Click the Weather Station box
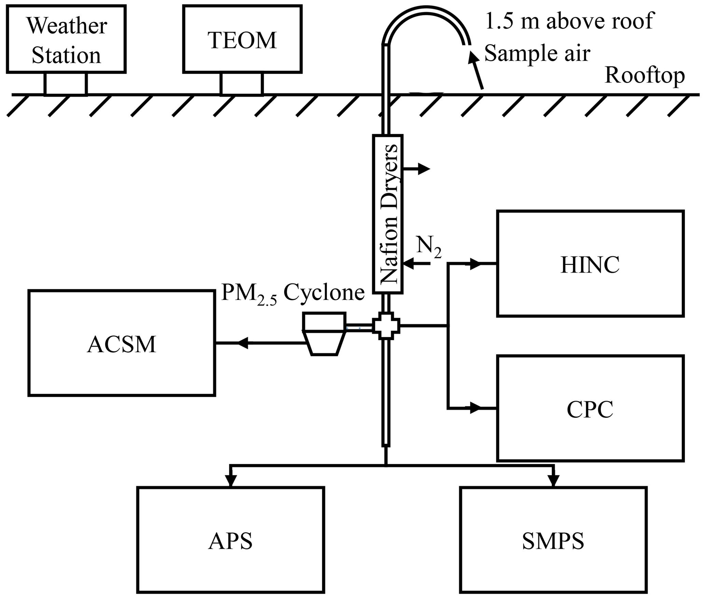(66, 39)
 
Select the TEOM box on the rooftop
(242, 39)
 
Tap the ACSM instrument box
(122, 343)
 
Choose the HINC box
(590, 264)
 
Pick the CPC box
(590, 408)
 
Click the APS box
(231, 540)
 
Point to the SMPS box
(553, 540)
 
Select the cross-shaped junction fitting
(386, 326)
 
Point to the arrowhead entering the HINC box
(475, 264)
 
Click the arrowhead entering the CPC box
(475, 408)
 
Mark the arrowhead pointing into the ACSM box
(243, 343)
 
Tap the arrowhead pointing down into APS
(231, 480)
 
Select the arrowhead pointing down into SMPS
(553, 480)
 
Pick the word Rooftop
(645, 75)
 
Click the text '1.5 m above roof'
(569, 20)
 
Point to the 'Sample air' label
(537, 53)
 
